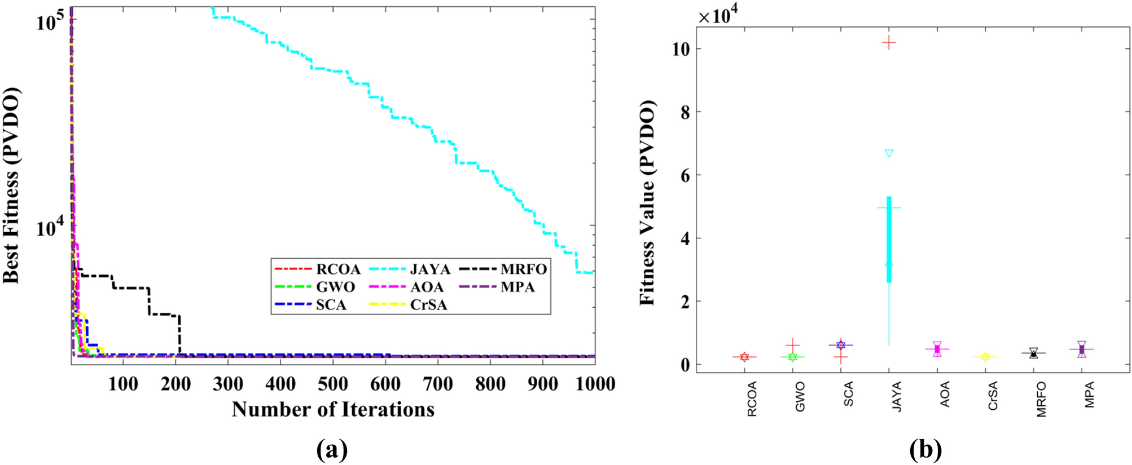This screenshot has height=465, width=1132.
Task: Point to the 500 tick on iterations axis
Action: click(x=332, y=384)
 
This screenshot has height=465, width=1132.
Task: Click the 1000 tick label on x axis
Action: click(x=590, y=384)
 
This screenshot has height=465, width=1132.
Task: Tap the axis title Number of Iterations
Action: click(x=333, y=410)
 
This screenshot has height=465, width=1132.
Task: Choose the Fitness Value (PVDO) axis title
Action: click(x=648, y=203)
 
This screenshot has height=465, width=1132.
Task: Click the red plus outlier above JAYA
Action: click(x=889, y=43)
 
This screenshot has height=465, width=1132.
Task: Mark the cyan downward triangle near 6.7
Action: click(x=889, y=153)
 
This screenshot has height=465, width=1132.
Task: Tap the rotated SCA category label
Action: click(x=848, y=394)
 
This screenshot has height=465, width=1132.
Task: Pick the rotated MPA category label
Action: click(x=1089, y=395)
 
